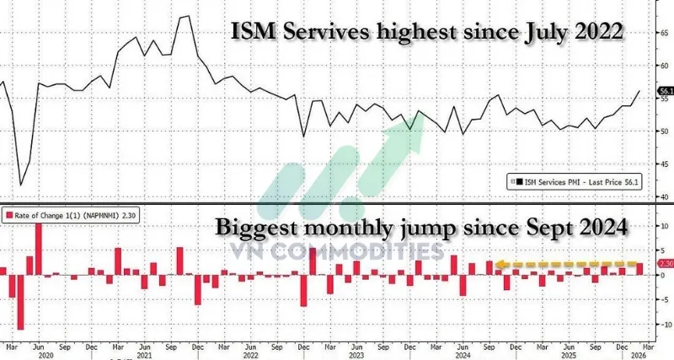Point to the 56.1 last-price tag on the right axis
pyautogui.click(x=666, y=90)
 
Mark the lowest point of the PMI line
pyautogui.click(x=20, y=185)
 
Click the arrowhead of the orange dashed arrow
pyautogui.click(x=499, y=264)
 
